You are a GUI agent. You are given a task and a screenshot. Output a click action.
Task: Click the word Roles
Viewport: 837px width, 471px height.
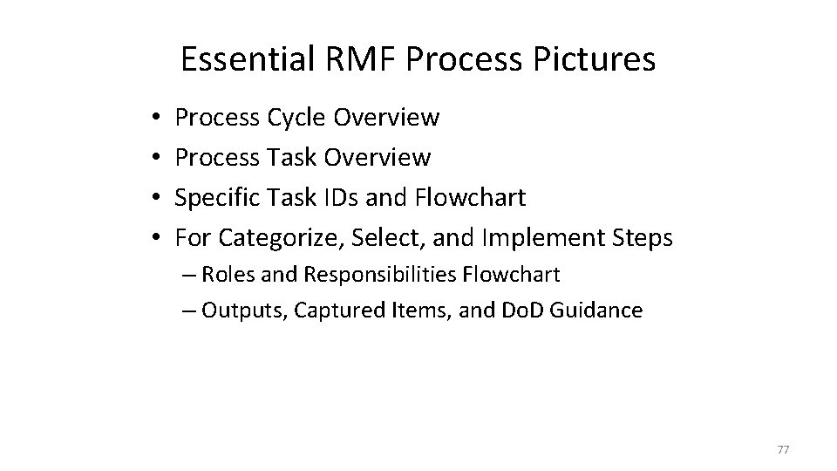coord(225,275)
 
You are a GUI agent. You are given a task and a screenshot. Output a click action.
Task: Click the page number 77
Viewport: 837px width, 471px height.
coord(782,447)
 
